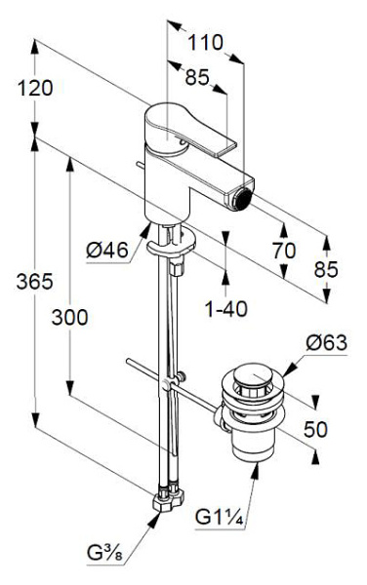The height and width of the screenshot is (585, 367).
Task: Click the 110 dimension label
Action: tap(205, 42)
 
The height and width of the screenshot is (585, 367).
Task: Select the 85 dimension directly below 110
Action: tap(197, 78)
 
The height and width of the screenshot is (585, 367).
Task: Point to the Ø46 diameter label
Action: tap(107, 250)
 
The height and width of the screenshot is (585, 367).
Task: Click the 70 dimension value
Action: tap(283, 250)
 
